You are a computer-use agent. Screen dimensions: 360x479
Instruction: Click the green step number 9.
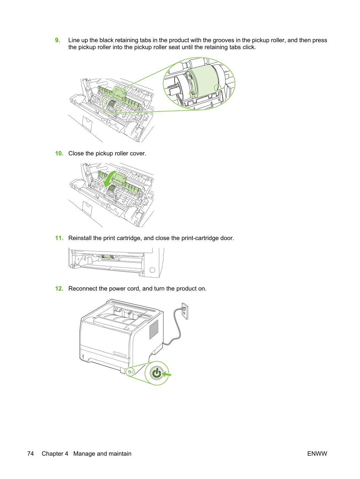click(x=58, y=40)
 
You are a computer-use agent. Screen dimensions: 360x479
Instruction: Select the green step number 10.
click(x=59, y=153)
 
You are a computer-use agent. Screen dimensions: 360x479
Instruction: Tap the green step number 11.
click(x=59, y=238)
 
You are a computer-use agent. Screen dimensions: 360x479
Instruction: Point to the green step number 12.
click(x=59, y=289)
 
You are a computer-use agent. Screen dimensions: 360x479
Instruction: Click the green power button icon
click(x=156, y=373)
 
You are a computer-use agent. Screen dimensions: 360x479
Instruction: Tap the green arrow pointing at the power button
click(x=166, y=374)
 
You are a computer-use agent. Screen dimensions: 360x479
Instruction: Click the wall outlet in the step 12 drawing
click(x=185, y=311)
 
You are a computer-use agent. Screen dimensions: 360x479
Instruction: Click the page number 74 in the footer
click(x=31, y=454)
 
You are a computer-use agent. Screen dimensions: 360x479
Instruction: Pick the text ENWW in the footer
click(x=317, y=454)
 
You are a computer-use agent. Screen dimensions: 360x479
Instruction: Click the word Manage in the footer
click(x=84, y=454)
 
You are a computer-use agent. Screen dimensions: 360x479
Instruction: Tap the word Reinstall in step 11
click(x=80, y=238)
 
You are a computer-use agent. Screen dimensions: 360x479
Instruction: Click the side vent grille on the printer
click(x=154, y=330)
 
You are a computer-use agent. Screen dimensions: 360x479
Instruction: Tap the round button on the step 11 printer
click(x=152, y=270)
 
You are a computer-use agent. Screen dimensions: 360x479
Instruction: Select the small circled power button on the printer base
click(x=130, y=372)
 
